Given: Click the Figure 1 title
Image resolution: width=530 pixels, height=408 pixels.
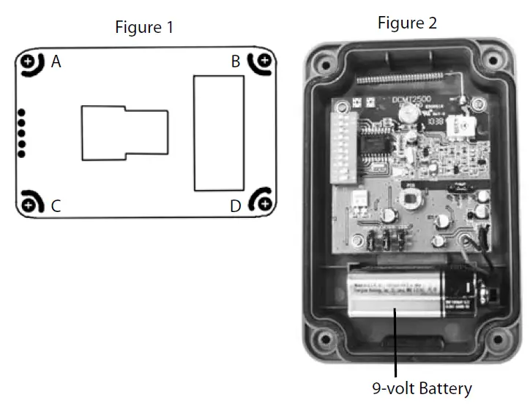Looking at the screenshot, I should [144, 28].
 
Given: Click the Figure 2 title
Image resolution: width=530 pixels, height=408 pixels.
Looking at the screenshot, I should [407, 23].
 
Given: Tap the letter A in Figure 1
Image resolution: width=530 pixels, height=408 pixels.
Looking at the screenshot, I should [56, 62].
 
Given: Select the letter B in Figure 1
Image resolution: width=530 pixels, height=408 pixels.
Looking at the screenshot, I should [235, 62].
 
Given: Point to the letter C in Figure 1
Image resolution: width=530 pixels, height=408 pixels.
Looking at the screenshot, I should [56, 206].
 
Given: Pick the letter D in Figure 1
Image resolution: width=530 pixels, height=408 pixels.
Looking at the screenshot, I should [235, 206].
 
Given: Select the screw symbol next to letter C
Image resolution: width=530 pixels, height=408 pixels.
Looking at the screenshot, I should [28, 204].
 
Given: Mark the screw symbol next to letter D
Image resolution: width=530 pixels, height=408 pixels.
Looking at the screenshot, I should [264, 203].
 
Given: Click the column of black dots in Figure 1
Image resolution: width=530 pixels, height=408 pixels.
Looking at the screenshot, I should [21, 133].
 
